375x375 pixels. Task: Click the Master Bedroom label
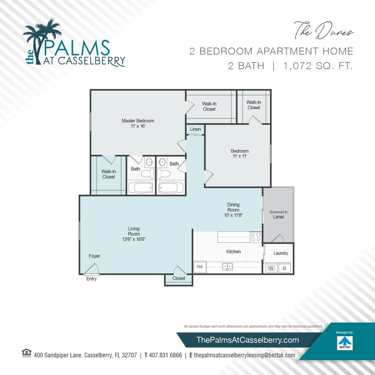pos(138,121)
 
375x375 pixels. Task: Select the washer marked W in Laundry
pos(271,268)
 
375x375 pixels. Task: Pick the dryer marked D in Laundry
pos(285,268)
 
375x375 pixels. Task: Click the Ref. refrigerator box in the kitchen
pos(200,267)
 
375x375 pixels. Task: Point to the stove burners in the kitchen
pos(255,237)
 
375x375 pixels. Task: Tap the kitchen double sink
pos(227,267)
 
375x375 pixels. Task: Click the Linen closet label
pos(195,129)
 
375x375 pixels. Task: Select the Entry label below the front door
pos(91,279)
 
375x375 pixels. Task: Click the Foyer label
pos(94,256)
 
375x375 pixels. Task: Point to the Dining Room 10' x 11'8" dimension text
pos(233,215)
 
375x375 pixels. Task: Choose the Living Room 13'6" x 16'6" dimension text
pos(134,239)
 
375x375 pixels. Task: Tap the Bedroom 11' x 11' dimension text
pos(239,156)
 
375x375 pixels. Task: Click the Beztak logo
pos(344,343)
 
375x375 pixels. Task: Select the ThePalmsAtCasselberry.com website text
pos(248,340)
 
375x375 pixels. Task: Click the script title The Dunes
pos(323,31)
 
